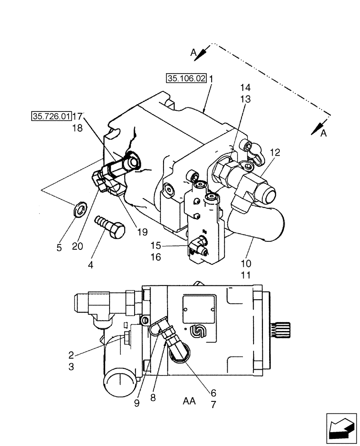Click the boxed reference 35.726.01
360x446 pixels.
[51, 117]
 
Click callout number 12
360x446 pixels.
[274, 153]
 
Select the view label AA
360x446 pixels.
[189, 401]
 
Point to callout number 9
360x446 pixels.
[137, 403]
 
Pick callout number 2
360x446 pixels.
[71, 355]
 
